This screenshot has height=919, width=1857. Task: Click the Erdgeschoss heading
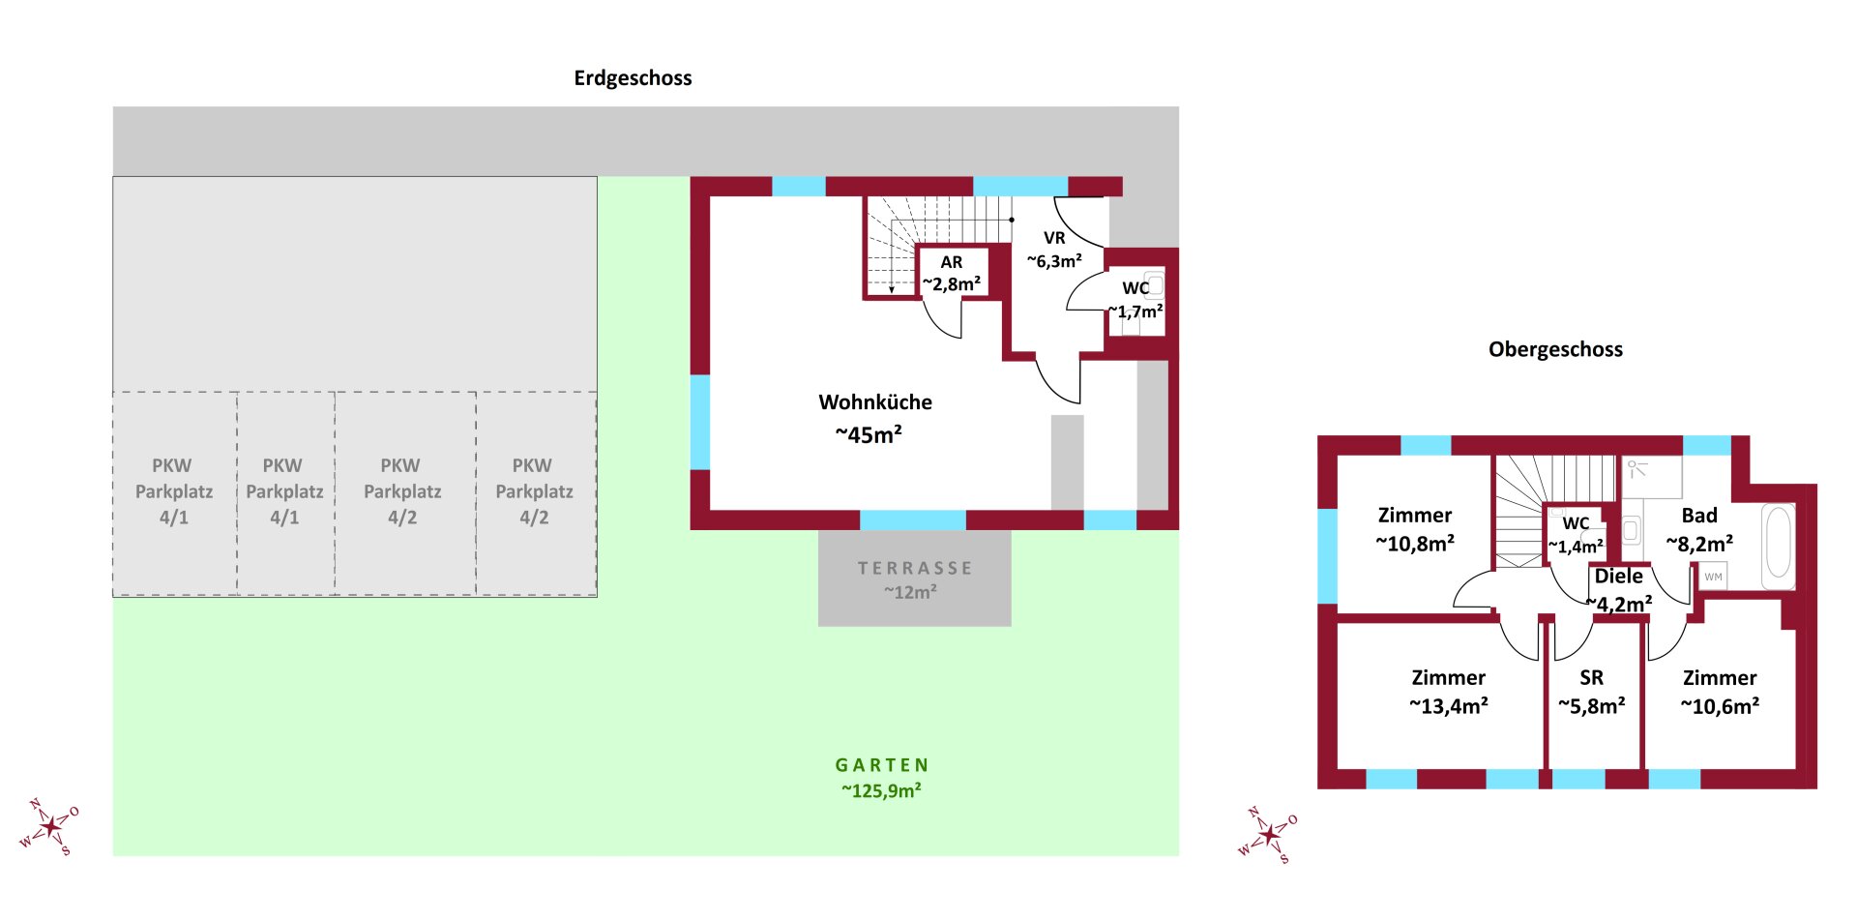click(633, 78)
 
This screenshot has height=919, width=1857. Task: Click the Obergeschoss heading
click(1555, 350)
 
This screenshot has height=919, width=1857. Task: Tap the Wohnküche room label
click(875, 402)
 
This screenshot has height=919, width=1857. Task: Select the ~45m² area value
click(869, 435)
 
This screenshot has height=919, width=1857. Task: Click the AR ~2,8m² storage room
click(952, 274)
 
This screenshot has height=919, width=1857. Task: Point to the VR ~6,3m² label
click(1054, 250)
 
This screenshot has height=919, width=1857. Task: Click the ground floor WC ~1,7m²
click(1135, 300)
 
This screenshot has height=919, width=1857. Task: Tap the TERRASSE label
click(915, 569)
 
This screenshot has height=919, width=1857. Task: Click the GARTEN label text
click(882, 765)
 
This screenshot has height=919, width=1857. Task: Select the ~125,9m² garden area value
click(881, 791)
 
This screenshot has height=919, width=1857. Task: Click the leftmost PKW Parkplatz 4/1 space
click(174, 491)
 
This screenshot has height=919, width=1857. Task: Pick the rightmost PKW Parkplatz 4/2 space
click(534, 491)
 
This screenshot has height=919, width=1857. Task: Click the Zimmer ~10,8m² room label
click(1415, 529)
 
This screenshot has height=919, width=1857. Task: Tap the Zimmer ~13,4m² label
click(1448, 692)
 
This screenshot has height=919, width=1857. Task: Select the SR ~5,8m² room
click(1592, 692)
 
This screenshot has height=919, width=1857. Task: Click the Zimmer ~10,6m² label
click(1720, 692)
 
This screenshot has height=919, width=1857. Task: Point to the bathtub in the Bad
click(1778, 545)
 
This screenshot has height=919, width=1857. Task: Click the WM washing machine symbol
click(1713, 577)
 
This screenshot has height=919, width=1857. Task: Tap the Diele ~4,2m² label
click(1619, 590)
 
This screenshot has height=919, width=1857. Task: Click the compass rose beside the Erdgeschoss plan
click(49, 828)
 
